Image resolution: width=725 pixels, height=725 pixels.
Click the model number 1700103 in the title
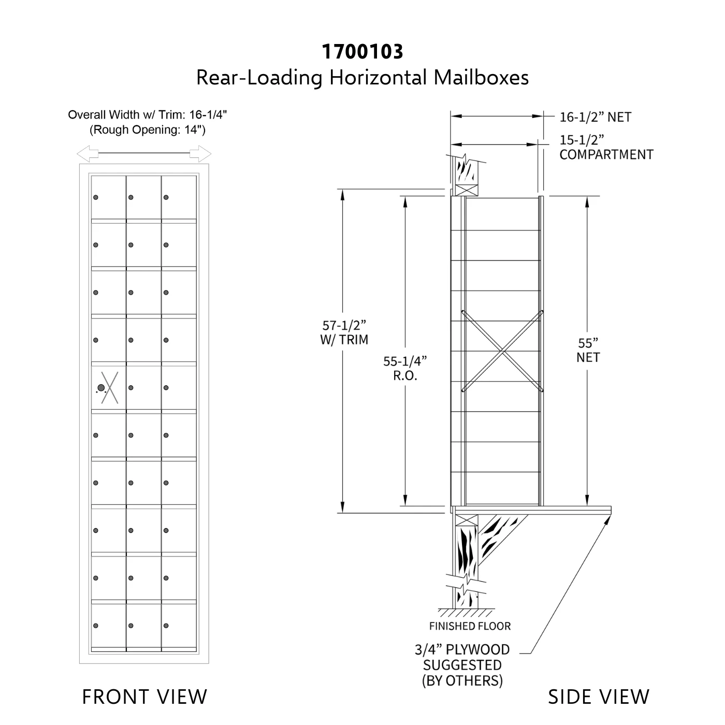pyautogui.click(x=362, y=51)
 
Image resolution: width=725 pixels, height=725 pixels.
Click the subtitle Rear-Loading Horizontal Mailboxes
pyautogui.click(x=362, y=78)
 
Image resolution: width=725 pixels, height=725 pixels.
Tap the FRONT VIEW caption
pyautogui.click(x=144, y=697)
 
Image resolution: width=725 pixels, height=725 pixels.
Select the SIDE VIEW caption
pyautogui.click(x=598, y=697)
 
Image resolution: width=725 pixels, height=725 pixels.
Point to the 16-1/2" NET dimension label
pyautogui.click(x=595, y=117)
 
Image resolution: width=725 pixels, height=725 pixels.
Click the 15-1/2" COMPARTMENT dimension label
pyautogui.click(x=606, y=148)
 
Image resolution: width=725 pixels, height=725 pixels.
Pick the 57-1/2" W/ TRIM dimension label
pyautogui.click(x=344, y=332)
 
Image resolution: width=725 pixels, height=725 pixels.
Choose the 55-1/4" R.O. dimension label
pyautogui.click(x=405, y=368)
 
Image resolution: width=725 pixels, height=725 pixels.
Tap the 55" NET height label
pyautogui.click(x=588, y=350)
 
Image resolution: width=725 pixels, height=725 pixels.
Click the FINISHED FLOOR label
pyautogui.click(x=470, y=626)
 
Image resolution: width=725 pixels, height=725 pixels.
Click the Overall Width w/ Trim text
pyautogui.click(x=148, y=114)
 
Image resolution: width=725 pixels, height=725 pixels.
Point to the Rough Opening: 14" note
pyautogui.click(x=148, y=129)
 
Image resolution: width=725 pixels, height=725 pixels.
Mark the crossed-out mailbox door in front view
pyautogui.click(x=109, y=387)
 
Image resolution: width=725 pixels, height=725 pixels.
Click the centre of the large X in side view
pyautogui.click(x=502, y=351)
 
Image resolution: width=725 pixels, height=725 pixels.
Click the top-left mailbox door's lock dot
pyautogui.click(x=96, y=197)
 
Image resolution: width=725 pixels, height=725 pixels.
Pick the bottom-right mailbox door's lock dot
pyautogui.click(x=166, y=626)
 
